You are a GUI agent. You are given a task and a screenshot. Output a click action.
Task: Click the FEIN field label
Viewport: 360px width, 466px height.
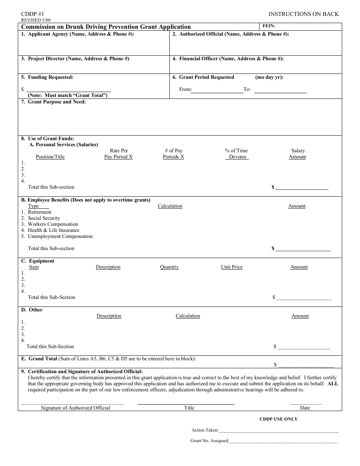[269, 26]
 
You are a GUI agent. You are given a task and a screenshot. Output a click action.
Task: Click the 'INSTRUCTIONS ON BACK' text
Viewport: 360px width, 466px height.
[304, 14]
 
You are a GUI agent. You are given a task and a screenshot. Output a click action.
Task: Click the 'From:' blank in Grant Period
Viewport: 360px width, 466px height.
[217, 90]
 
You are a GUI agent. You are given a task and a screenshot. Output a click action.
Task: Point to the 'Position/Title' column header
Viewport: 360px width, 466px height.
[50, 157]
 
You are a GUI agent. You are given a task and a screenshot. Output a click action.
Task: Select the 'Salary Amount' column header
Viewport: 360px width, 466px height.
[297, 154]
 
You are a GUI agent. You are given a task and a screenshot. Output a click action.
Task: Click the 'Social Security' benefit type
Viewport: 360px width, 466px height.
[44, 218]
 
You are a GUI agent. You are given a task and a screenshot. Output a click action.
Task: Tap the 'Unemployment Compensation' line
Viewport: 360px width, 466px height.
[60, 236]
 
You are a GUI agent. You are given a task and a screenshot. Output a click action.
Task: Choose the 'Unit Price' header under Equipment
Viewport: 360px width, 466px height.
[232, 267]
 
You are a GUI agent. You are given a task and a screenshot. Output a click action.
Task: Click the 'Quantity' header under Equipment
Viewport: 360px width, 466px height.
[169, 267]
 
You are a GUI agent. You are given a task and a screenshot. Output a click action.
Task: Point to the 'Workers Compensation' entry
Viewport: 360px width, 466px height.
[53, 224]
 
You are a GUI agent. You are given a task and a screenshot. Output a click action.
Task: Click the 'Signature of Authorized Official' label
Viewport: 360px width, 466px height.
[75, 408]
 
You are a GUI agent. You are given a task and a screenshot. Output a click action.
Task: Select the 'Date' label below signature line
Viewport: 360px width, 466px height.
[305, 408]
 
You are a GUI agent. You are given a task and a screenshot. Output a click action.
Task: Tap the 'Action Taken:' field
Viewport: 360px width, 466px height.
[279, 430]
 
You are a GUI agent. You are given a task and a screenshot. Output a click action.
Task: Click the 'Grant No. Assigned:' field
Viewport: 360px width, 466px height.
[283, 441]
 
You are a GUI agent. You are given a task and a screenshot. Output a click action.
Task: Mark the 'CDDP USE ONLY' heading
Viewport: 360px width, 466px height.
[278, 419]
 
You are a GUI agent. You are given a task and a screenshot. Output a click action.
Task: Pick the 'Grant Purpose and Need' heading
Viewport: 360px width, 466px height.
[56, 102]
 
